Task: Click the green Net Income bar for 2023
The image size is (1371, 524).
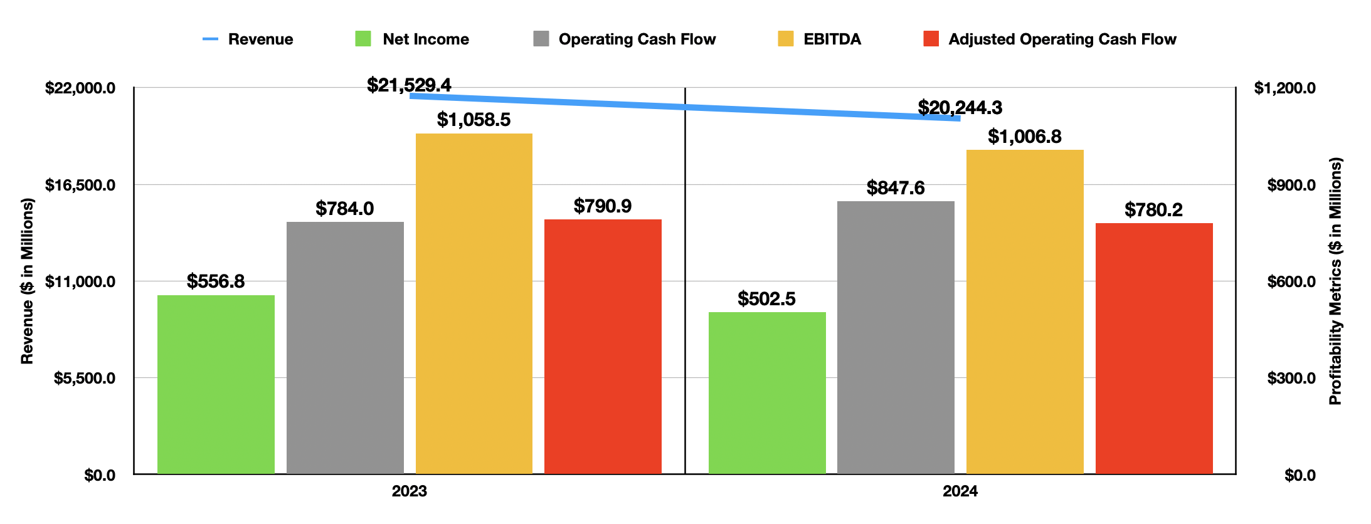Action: tap(216, 384)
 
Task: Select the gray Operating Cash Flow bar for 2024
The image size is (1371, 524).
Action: tap(896, 337)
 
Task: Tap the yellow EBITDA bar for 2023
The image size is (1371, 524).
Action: tap(474, 303)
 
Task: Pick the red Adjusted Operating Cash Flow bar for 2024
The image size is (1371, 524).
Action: tap(1154, 348)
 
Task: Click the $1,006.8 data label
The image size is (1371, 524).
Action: tap(1024, 137)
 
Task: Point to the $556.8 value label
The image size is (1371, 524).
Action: tap(216, 281)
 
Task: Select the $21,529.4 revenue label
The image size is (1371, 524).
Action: tap(409, 85)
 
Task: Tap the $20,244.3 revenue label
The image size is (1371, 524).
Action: tap(960, 108)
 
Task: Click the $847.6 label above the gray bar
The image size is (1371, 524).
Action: tap(895, 188)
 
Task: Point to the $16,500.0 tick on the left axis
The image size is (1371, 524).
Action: tap(80, 185)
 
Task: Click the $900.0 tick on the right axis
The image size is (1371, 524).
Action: tap(1291, 185)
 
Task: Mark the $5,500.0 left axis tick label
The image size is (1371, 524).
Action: tap(85, 378)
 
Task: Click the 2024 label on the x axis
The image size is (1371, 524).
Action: tap(960, 491)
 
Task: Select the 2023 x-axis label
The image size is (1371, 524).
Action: tap(409, 491)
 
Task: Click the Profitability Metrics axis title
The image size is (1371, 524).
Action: tap(1335, 281)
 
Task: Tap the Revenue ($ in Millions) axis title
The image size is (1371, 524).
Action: tap(27, 281)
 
